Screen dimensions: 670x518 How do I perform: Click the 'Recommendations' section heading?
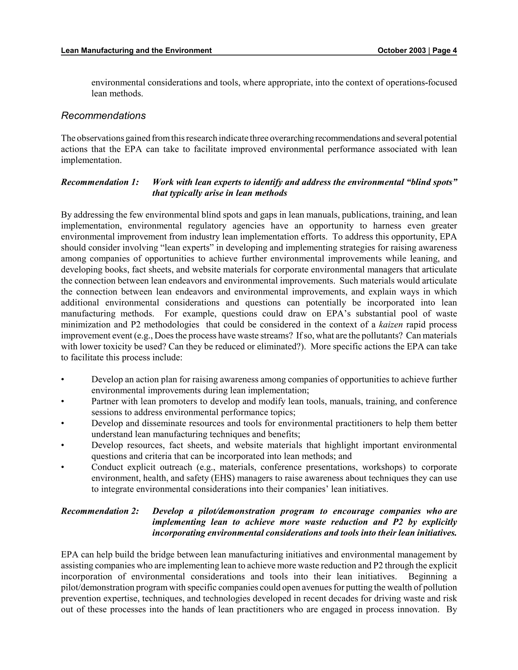[x=103, y=116]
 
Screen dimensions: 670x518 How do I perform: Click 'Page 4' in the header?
[x=445, y=51]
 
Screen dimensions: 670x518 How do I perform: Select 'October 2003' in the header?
[x=402, y=51]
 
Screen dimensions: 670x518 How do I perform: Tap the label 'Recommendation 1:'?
[x=100, y=182]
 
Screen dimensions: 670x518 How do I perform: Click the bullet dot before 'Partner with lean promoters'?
[x=63, y=401]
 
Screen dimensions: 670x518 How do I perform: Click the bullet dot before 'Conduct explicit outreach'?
[x=63, y=467]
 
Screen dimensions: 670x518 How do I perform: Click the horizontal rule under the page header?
[x=259, y=55]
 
